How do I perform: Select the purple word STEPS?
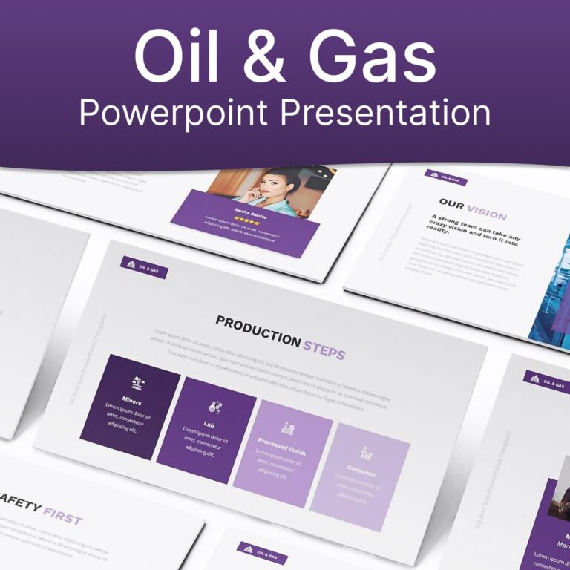(x=324, y=348)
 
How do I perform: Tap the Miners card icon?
(x=137, y=383)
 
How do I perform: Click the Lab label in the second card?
(x=209, y=425)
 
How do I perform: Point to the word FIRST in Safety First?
(x=62, y=518)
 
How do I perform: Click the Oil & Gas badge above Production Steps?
(x=144, y=267)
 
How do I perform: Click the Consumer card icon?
(x=366, y=451)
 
